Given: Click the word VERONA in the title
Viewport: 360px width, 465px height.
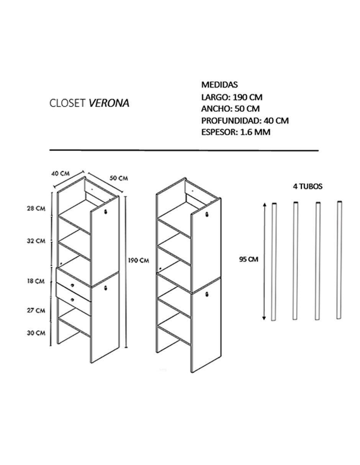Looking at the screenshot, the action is click(109, 103).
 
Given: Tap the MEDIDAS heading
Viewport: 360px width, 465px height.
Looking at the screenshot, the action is click(219, 85).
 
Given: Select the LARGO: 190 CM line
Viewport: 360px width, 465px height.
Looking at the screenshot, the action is click(232, 97).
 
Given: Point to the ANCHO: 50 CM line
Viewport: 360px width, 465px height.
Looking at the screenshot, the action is click(230, 109).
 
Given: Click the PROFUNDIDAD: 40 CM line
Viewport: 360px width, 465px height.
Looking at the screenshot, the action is click(245, 121).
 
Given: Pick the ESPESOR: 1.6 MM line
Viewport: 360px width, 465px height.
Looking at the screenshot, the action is click(236, 132).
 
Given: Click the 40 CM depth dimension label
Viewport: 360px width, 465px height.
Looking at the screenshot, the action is click(61, 173).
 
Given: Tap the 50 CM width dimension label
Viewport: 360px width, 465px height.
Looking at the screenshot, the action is click(119, 178).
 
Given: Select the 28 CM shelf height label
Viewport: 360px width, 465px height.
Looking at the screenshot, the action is click(36, 208).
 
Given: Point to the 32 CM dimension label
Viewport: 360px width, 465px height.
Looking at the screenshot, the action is click(36, 241).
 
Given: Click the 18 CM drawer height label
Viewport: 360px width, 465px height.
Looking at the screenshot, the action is click(36, 281).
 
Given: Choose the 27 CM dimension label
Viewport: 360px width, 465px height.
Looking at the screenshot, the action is click(36, 310).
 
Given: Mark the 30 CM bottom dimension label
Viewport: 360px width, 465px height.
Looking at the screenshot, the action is click(36, 333).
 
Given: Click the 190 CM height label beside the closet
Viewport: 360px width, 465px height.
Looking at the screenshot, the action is click(139, 260).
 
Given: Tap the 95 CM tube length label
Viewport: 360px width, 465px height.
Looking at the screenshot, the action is click(249, 259).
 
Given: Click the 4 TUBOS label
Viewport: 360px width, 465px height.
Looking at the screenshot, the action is click(308, 187).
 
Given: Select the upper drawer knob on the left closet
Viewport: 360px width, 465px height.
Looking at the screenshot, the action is click(72, 285).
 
